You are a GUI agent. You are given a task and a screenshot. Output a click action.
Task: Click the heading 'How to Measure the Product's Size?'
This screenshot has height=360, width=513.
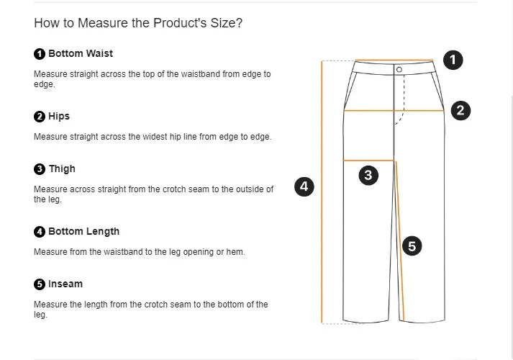pos(138,23)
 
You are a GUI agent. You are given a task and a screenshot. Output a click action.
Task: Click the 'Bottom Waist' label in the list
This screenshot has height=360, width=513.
pos(80,53)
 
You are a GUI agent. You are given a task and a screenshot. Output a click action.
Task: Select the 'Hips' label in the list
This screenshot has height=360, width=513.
pos(59,116)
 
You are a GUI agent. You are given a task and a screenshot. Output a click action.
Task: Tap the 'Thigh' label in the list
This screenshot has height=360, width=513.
pos(62,168)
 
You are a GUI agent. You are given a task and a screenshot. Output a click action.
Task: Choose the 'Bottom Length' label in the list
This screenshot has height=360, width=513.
pos(83,231)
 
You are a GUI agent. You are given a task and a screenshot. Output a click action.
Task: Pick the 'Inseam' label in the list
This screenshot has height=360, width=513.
pos(65,284)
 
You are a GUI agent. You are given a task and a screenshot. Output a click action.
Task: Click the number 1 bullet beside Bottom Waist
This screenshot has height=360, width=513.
pos(40,54)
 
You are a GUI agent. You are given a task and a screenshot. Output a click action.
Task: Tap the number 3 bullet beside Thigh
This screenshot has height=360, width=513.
pos(40,169)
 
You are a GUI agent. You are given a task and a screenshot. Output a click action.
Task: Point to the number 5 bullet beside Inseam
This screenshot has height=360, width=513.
pos(40,284)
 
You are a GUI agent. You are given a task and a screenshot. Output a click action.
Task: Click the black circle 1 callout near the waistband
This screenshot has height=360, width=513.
pos(453,60)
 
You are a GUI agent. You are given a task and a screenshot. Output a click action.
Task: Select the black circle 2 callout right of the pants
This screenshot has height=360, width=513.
pos(460,110)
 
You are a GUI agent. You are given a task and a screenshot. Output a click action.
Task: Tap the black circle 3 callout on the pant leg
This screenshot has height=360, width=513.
pos(368,175)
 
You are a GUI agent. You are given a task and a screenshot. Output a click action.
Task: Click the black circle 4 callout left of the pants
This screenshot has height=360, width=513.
pos(304,186)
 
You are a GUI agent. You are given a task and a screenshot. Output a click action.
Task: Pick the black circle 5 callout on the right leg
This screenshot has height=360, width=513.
pos(412,246)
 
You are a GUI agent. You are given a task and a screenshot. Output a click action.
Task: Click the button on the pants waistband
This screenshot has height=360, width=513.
pos(399,69)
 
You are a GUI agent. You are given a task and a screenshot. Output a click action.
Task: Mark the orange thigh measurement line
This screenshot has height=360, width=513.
pos(353,160)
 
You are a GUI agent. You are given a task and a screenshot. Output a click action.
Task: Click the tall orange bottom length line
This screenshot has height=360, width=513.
pos(321,216)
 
